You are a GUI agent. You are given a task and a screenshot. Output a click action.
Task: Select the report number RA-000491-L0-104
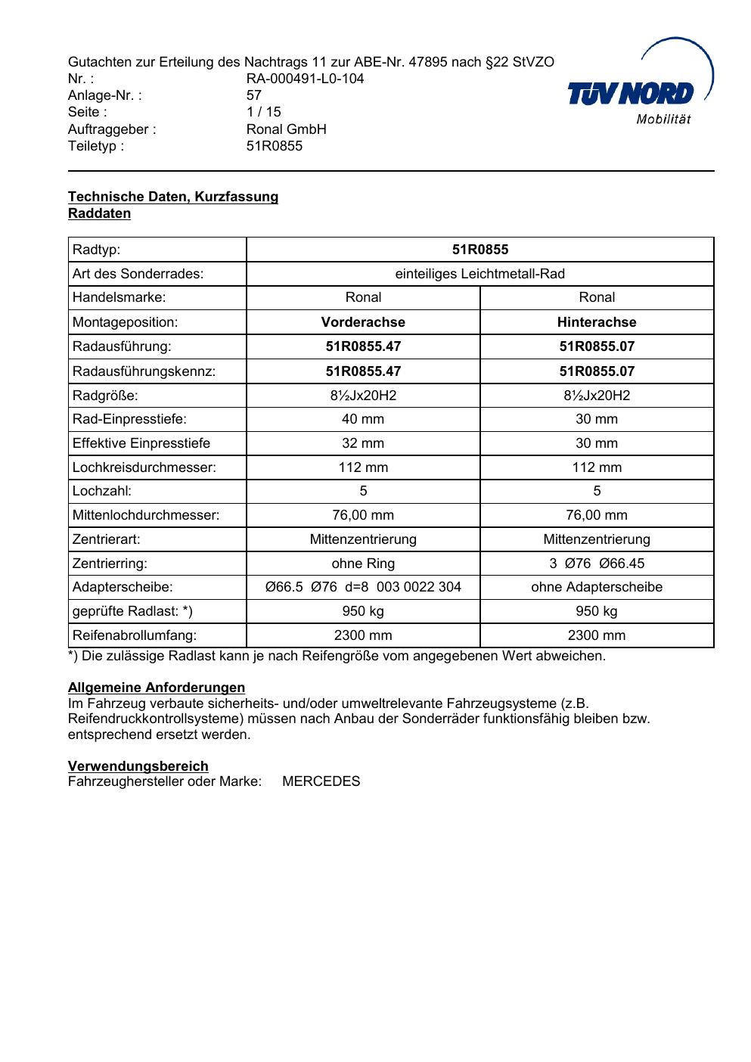click(x=305, y=79)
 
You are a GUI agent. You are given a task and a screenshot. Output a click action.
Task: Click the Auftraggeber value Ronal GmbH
click(x=286, y=129)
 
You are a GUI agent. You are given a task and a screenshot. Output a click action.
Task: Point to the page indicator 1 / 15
click(x=263, y=112)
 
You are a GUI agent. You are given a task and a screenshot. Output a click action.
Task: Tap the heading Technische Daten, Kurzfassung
click(x=173, y=197)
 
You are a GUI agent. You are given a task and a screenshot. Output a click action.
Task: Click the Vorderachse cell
click(x=363, y=322)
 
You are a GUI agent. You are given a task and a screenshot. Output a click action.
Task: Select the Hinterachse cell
click(x=597, y=322)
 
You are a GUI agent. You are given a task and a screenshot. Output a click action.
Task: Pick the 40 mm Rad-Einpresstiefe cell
click(x=363, y=419)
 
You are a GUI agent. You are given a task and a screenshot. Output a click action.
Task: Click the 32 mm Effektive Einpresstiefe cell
click(x=363, y=443)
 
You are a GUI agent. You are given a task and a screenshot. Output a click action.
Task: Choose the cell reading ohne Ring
click(x=363, y=564)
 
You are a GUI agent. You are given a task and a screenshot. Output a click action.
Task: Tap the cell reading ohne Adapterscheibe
click(x=597, y=587)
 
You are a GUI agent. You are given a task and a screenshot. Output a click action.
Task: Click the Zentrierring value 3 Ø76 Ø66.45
click(x=597, y=564)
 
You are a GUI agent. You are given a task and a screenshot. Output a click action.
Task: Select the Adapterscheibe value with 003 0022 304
click(x=363, y=587)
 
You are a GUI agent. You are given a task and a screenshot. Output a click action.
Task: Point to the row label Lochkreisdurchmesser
click(x=144, y=467)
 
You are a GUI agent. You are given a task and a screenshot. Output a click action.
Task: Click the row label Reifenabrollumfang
click(x=135, y=635)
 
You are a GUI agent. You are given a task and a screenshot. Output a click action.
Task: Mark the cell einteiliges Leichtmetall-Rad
click(x=480, y=274)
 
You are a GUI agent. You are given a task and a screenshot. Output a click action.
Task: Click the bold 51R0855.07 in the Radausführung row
click(x=597, y=346)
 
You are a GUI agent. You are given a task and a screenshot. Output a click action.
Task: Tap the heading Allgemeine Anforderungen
click(x=157, y=688)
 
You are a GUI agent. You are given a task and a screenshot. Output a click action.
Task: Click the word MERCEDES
click(x=321, y=781)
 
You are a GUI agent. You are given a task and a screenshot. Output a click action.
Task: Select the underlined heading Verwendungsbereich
click(x=138, y=766)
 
